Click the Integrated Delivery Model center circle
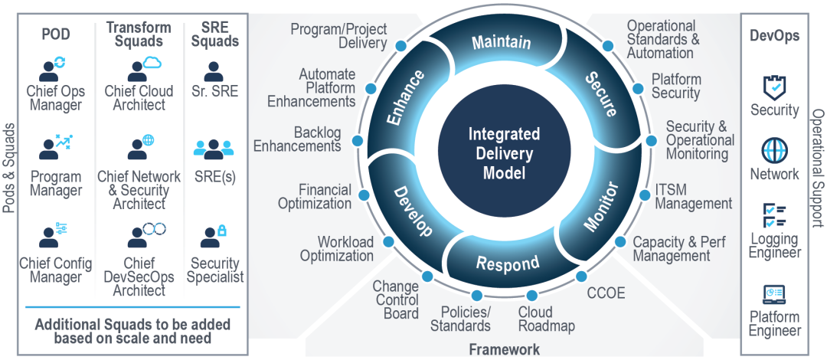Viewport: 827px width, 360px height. tap(504, 152)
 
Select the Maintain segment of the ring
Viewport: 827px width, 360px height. tap(501, 42)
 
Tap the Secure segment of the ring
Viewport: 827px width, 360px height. tap(601, 93)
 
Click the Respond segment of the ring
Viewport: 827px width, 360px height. tap(507, 263)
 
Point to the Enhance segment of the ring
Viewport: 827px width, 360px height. tap(406, 97)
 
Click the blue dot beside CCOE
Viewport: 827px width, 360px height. tap(581, 276)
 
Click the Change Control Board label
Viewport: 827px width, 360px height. tap(396, 299)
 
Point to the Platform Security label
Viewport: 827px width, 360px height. tap(675, 86)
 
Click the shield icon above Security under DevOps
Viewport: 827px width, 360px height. tap(775, 87)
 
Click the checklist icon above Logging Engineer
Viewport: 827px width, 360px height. tap(775, 214)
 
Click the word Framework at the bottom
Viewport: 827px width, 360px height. tap(504, 350)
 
